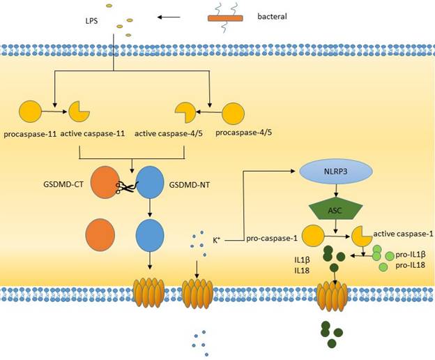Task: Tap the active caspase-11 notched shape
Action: tap(77, 111)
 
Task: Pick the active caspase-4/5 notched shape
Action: tap(184, 112)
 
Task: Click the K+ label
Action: tap(217, 241)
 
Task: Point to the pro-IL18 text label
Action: tap(410, 266)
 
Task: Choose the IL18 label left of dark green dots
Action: tap(302, 271)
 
